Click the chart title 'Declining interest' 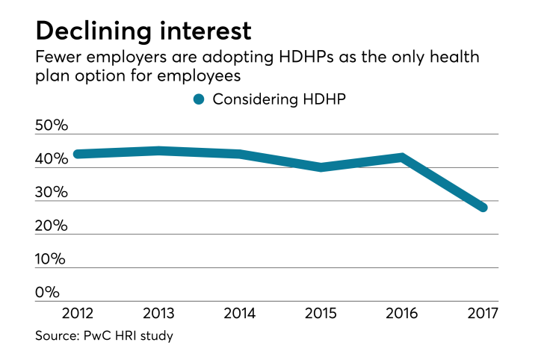143,31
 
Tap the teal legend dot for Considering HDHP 199,100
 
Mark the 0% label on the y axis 48,292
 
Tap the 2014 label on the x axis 238,311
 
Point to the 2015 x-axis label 321,311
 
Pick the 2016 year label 402,311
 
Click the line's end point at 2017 483,207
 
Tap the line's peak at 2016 402,158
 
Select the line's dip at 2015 321,167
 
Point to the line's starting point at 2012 78,154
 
